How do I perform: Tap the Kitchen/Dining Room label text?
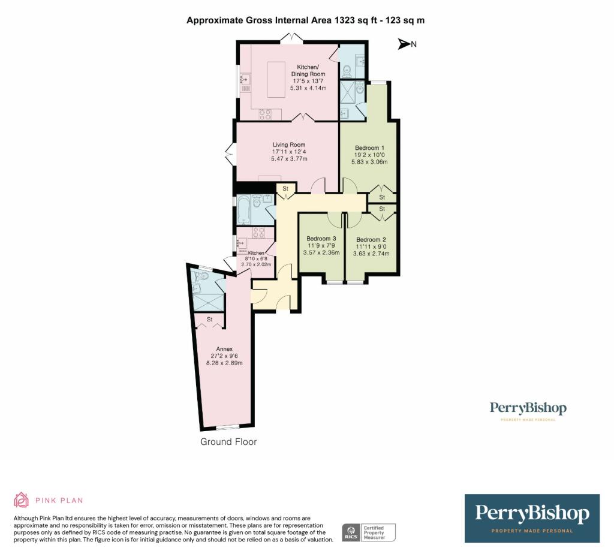pos(309,70)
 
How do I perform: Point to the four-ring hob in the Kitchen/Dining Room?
pos(265,114)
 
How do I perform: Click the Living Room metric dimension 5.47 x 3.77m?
pos(290,159)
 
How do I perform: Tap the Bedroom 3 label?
pos(321,239)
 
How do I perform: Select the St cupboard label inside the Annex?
pos(210,320)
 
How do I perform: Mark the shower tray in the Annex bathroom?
pos(209,302)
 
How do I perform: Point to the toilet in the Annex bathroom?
pos(201,276)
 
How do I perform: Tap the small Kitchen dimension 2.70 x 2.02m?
pos(256,264)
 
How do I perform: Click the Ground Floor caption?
pos(228,442)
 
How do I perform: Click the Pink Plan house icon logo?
pos(22,499)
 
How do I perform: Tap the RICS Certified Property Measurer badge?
pos(369,532)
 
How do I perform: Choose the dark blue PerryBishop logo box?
pos(532,518)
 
